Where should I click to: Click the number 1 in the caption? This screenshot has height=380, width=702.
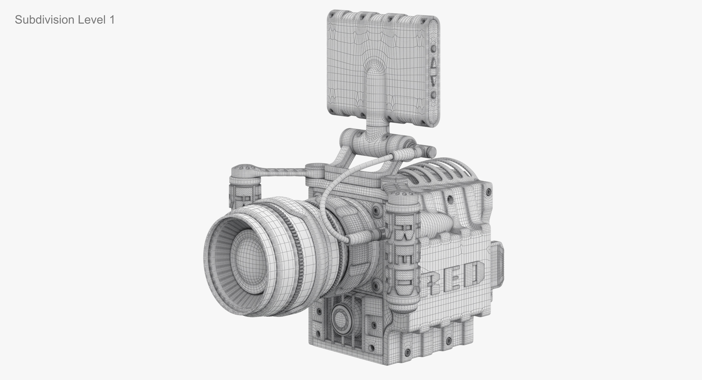pyautogui.click(x=111, y=20)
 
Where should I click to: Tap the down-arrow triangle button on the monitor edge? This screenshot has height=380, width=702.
pyautogui.click(x=434, y=81)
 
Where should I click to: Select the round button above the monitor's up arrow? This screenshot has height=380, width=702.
pyautogui.click(x=434, y=49)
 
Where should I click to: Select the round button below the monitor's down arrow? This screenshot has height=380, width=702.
pyautogui.click(x=434, y=95)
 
